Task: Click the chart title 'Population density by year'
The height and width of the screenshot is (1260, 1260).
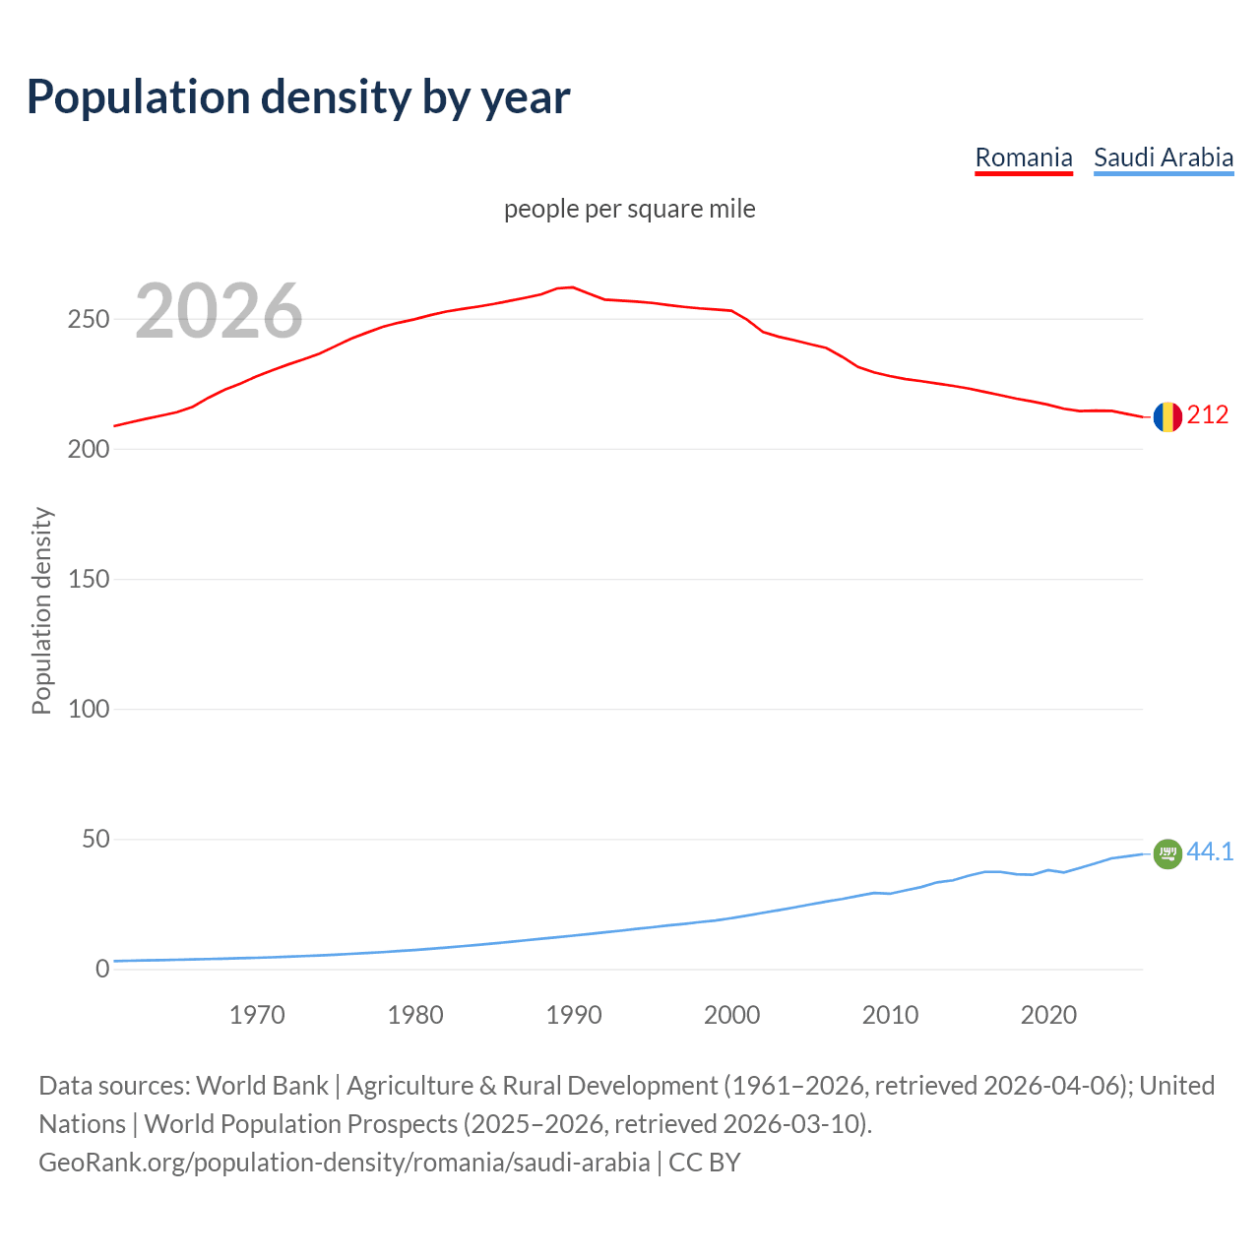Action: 298,97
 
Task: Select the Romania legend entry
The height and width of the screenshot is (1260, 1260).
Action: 1023,157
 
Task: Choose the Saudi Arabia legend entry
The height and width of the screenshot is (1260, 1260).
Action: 1163,157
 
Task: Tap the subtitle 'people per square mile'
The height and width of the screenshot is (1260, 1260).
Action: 629,210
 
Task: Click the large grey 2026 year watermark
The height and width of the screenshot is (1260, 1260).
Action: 219,311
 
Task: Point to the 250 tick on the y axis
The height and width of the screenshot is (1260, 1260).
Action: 88,320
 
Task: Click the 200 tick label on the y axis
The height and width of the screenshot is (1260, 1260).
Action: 88,450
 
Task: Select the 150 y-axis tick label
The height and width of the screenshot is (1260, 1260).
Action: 88,580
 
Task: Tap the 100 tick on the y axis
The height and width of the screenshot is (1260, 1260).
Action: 88,710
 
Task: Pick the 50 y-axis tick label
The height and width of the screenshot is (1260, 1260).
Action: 94,840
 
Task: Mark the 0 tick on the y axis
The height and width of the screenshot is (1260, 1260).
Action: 102,970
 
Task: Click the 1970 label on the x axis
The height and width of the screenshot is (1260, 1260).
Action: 257,1015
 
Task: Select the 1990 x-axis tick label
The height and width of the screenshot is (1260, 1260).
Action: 574,1015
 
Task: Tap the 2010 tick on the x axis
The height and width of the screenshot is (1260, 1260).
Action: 890,1015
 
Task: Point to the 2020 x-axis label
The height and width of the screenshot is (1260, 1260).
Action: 1048,1015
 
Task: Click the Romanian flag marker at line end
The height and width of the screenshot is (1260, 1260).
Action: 1166,417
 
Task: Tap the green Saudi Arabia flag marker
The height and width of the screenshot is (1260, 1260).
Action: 1166,854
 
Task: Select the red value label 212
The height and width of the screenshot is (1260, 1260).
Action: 1208,415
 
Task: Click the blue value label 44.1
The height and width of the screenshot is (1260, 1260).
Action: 1210,852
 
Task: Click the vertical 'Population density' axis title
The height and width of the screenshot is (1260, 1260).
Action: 41,610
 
